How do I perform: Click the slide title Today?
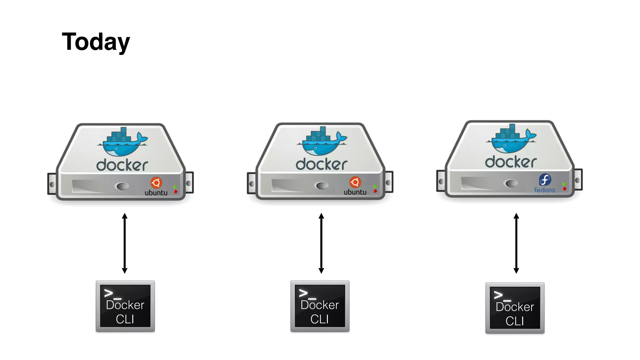pos(96,42)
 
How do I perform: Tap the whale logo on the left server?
pos(122,142)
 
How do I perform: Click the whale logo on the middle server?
pos(322,141)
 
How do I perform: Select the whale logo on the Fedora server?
pos(511,139)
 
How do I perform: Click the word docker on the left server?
pos(122,165)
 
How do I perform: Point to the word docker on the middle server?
pos(322,164)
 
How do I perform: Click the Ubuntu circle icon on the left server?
pos(156,182)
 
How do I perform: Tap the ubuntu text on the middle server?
pos(355,192)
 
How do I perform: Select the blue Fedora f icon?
pos(545,180)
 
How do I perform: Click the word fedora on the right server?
pos(544,190)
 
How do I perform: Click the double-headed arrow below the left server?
pos(125,243)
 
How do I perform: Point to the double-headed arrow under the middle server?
pos(321,243)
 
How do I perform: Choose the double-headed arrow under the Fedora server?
pos(516,243)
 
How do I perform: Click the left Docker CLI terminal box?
pos(125,306)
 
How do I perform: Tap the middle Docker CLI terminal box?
pos(320,306)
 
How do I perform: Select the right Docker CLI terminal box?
pos(515,308)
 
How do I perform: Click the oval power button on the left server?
pos(122,186)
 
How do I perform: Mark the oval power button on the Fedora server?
pos(511,183)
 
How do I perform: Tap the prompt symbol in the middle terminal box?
pos(307,293)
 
